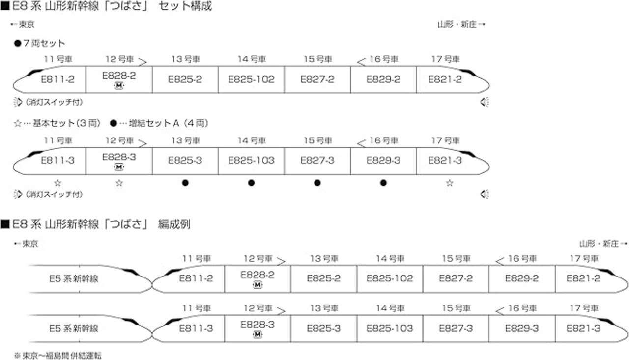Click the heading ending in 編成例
pyautogui.click(x=96, y=224)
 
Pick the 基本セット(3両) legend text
pyautogui.click(x=58, y=123)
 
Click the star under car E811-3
pyautogui.click(x=57, y=183)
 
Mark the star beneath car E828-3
pyautogui.click(x=119, y=183)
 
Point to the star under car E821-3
pyautogui.click(x=449, y=183)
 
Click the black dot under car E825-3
pyautogui.click(x=185, y=183)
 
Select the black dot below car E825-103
pyautogui.click(x=251, y=183)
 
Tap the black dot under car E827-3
pyautogui.click(x=317, y=183)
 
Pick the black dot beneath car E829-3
pyautogui.click(x=383, y=183)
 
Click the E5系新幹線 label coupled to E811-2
pyautogui.click(x=74, y=279)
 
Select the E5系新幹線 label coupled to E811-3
pyautogui.click(x=74, y=329)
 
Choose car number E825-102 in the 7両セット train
pyautogui.click(x=251, y=79)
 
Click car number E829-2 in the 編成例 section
pyautogui.click(x=522, y=278)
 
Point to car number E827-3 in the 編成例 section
pyautogui.click(x=456, y=328)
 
